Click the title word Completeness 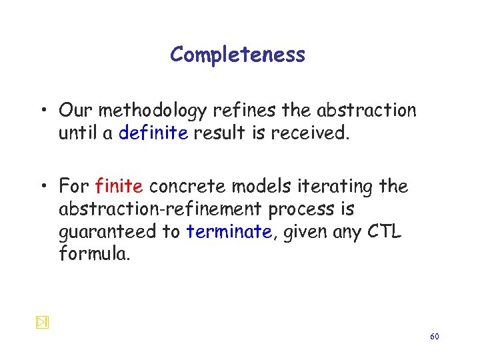click(x=237, y=55)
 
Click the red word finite click(x=119, y=186)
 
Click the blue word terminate click(x=229, y=231)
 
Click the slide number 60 click(x=434, y=337)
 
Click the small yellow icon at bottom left click(x=41, y=323)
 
